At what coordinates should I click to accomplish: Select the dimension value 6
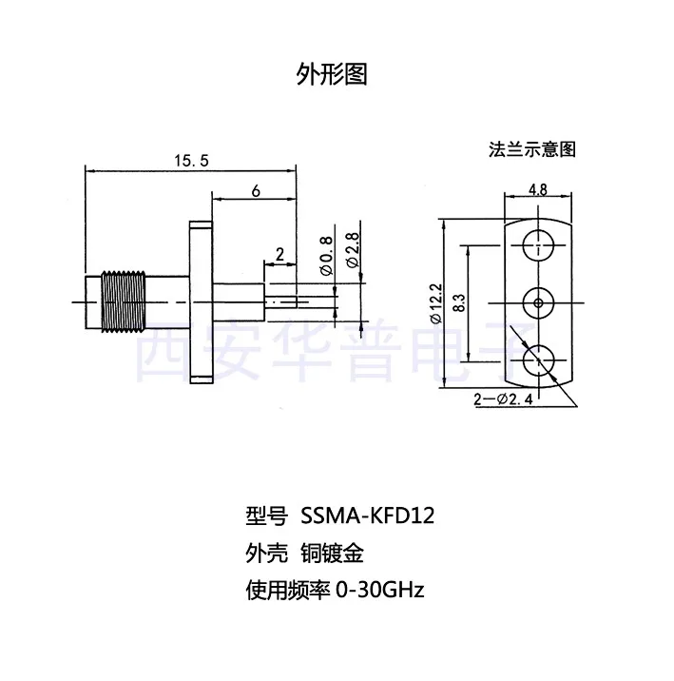(x=256, y=190)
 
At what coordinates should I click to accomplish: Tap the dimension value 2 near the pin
(x=279, y=253)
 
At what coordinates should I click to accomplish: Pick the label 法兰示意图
(x=532, y=149)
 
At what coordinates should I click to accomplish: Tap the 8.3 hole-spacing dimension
(x=460, y=303)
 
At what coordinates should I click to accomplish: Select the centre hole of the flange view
(x=539, y=303)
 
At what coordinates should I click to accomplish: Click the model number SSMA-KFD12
(x=367, y=516)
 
